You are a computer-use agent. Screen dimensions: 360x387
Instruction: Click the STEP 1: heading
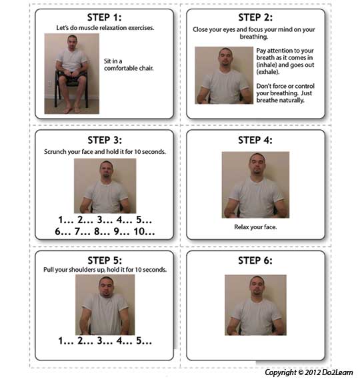[x=104, y=17]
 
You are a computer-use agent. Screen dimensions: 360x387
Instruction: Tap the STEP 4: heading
[x=255, y=140]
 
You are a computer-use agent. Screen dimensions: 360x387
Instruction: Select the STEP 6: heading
[x=255, y=260]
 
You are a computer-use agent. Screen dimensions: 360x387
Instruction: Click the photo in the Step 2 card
[x=224, y=75]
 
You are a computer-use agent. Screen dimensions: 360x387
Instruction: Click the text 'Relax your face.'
[x=255, y=227]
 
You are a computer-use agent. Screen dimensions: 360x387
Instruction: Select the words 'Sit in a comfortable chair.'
[x=129, y=65]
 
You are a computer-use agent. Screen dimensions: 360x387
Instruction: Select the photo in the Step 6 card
[x=255, y=305]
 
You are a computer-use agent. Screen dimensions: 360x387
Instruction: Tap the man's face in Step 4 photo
[x=257, y=165]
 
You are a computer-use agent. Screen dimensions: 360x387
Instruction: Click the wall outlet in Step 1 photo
[x=49, y=83]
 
